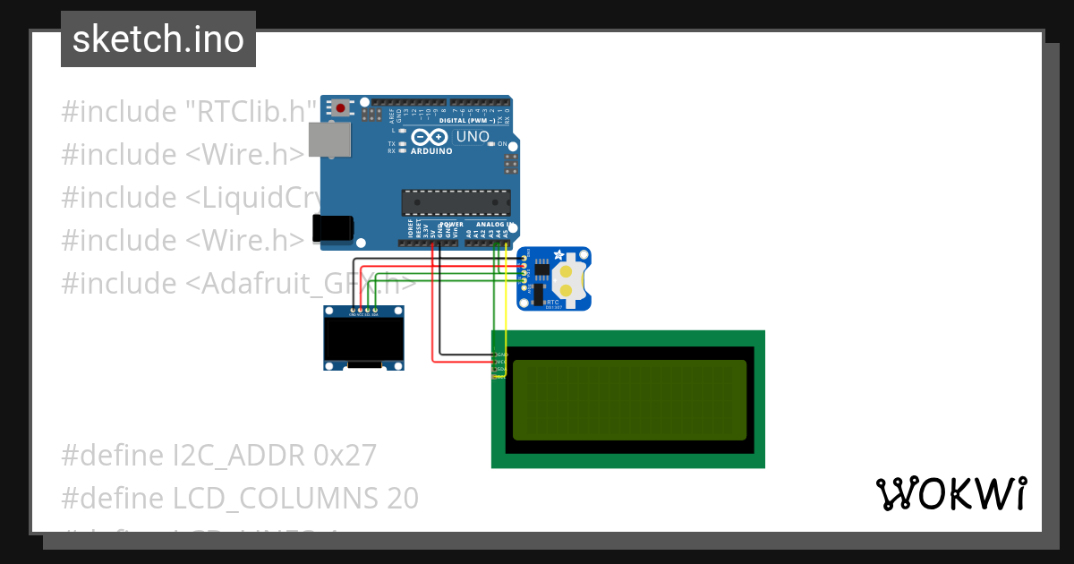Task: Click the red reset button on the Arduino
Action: click(x=340, y=108)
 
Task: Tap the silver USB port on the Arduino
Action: click(x=328, y=140)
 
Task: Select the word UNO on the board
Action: click(x=473, y=137)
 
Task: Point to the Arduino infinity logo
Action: click(x=430, y=137)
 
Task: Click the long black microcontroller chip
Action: click(x=456, y=202)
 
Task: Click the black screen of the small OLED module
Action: click(x=363, y=338)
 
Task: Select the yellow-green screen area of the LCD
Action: click(x=629, y=400)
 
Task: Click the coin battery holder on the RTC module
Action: click(x=566, y=278)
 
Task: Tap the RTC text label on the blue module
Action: click(x=552, y=303)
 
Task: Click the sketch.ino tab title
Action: click(x=158, y=39)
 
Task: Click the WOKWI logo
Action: click(x=950, y=494)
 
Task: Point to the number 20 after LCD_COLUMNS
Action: click(x=403, y=498)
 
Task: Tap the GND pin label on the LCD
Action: click(x=501, y=355)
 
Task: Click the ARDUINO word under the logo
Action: click(x=431, y=150)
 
